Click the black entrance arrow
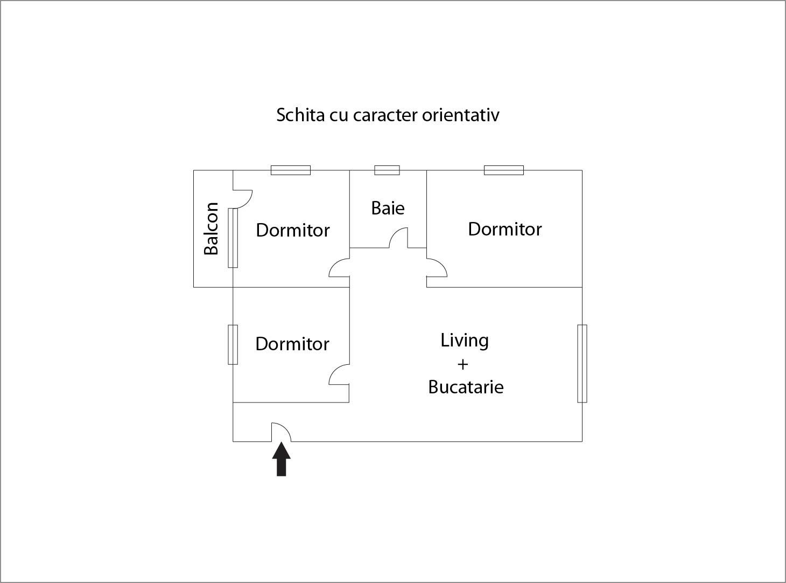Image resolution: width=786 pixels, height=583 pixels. pos(282,459)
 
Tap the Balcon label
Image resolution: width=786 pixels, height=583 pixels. pos(211,228)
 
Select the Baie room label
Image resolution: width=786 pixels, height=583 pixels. pos(388,208)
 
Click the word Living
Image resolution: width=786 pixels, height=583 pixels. pos(465,341)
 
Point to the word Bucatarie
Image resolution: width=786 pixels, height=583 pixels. pos(466,387)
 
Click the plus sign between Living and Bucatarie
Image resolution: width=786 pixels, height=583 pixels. pos(463,364)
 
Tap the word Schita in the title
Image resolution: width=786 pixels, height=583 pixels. pos(300,115)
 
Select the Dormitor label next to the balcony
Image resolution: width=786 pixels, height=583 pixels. pos(293,230)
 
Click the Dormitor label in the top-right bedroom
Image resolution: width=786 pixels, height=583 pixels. pos(505,229)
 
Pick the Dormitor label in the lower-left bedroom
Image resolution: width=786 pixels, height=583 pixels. pos(292,344)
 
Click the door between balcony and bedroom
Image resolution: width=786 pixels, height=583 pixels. pos(248,203)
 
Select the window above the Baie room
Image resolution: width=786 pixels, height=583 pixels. pos(387,170)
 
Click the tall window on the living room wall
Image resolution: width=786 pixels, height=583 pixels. pos(583,364)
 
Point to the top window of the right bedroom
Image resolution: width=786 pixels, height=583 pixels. pos(504,170)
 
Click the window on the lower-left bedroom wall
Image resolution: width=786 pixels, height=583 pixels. pos(233,344)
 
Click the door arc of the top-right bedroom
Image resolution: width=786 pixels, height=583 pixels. pos(442,265)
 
